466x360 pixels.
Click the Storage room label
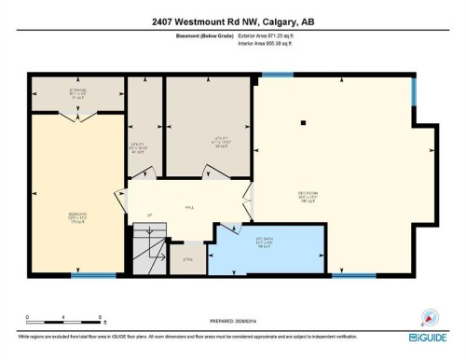(x=77, y=93)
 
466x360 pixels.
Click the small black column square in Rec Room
(x=304, y=122)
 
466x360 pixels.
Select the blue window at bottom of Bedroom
(x=93, y=275)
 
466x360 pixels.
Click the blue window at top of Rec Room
(x=278, y=75)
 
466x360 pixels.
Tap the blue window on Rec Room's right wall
(x=415, y=93)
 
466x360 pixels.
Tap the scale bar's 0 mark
(x=28, y=317)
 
